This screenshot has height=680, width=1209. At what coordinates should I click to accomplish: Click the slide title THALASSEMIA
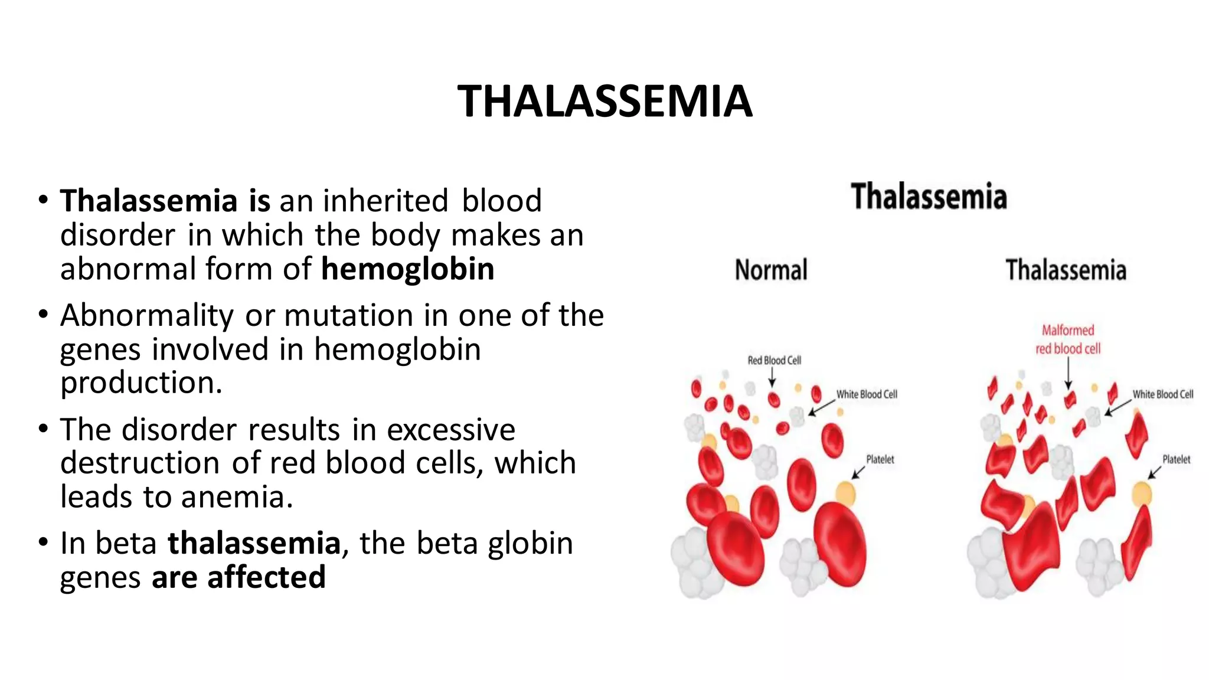click(x=604, y=102)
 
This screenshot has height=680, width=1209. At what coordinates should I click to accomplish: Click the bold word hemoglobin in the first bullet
click(x=407, y=269)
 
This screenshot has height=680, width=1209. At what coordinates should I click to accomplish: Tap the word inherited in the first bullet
click(x=385, y=201)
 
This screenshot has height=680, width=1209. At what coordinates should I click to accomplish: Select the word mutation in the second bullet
click(x=348, y=315)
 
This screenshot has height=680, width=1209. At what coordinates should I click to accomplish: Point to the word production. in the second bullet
click(x=141, y=382)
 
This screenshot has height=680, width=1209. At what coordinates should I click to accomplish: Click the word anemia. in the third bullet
click(x=237, y=497)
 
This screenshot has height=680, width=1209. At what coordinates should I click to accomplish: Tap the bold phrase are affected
click(x=238, y=577)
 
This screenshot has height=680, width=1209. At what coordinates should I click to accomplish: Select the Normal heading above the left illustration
click(x=771, y=270)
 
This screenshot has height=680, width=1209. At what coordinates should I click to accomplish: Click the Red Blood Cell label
click(x=774, y=360)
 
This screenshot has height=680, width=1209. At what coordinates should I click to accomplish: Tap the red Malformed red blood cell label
click(x=1068, y=339)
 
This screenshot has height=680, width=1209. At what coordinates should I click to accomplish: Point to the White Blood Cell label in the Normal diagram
click(x=867, y=394)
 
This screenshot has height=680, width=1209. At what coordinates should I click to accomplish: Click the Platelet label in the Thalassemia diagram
click(x=1176, y=459)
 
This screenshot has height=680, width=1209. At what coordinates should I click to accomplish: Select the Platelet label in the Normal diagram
click(x=880, y=459)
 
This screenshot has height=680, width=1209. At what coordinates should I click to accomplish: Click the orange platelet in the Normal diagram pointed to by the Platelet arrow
click(x=845, y=492)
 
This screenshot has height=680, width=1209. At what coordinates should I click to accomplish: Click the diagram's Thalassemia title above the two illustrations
click(x=929, y=197)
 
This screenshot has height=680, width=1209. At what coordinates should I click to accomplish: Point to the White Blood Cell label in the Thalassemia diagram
click(x=1162, y=394)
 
